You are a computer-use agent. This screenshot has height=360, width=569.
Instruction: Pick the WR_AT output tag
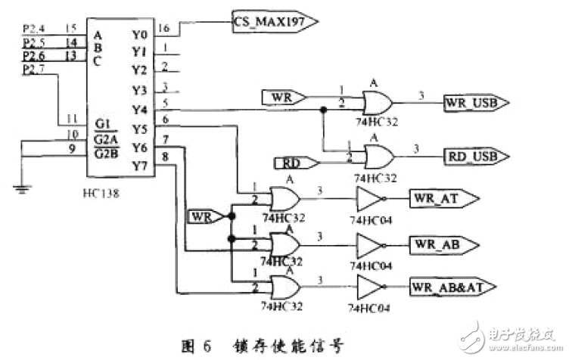click(442, 199)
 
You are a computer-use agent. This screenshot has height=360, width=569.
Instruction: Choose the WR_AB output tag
click(442, 244)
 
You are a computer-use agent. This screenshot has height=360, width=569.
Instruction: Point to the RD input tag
click(289, 162)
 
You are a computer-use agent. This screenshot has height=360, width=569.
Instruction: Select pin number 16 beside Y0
click(163, 29)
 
